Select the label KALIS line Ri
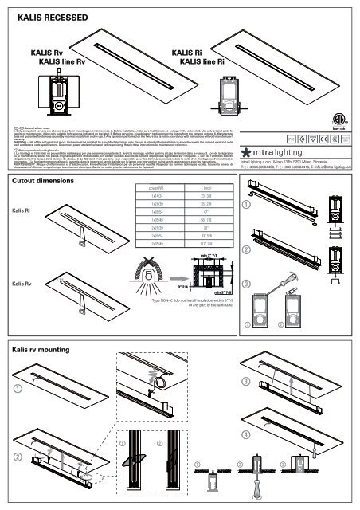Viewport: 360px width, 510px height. point(202,61)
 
